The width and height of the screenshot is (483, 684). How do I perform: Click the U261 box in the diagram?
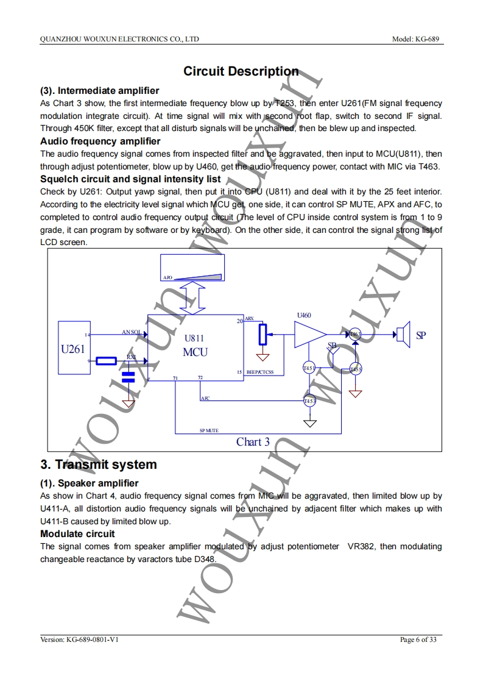[x=72, y=347]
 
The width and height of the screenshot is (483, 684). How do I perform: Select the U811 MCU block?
[x=194, y=347]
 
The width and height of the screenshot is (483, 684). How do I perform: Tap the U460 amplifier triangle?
[x=309, y=334]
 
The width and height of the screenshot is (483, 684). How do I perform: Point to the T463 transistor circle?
[x=355, y=333]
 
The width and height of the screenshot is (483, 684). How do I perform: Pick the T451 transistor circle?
[x=309, y=368]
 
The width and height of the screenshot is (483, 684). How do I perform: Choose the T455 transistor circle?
[x=355, y=369]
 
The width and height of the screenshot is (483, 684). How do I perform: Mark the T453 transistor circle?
[x=309, y=401]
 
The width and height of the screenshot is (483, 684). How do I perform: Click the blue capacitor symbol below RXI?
[x=128, y=376]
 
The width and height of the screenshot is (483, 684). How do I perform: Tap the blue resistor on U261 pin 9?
[x=106, y=361]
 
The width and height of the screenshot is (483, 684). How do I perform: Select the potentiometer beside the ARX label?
[x=263, y=334]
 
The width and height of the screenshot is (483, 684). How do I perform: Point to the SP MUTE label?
[x=209, y=430]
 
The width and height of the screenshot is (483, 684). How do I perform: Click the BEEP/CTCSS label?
[x=259, y=372]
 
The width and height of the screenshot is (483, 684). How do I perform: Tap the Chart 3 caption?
[x=253, y=442]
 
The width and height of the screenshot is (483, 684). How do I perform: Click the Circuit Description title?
[x=241, y=71]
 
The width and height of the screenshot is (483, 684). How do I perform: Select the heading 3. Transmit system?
[x=99, y=465]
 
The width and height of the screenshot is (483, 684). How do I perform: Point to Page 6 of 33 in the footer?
[x=418, y=639]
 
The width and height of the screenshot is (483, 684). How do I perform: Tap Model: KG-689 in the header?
[x=417, y=39]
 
